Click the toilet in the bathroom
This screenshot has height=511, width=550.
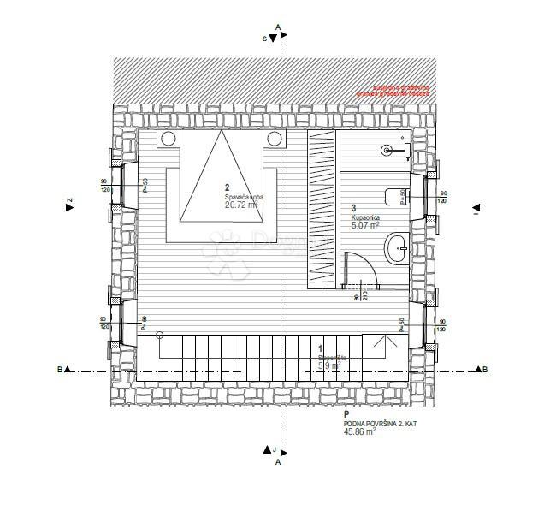click(x=394, y=197)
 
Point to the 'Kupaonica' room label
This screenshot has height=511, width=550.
click(x=365, y=219)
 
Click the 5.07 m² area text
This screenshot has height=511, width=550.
click(x=365, y=228)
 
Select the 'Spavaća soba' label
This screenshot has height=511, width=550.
click(x=244, y=198)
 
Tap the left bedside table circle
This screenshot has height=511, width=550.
click(x=169, y=138)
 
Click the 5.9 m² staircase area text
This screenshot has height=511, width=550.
click(x=328, y=365)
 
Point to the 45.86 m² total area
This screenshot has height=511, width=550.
click(x=358, y=432)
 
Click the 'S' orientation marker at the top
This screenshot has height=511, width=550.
click(x=265, y=39)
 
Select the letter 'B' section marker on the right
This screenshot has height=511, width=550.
click(x=485, y=370)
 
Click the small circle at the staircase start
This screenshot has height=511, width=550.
click(x=159, y=337)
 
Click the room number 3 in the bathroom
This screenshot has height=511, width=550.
click(x=354, y=208)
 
